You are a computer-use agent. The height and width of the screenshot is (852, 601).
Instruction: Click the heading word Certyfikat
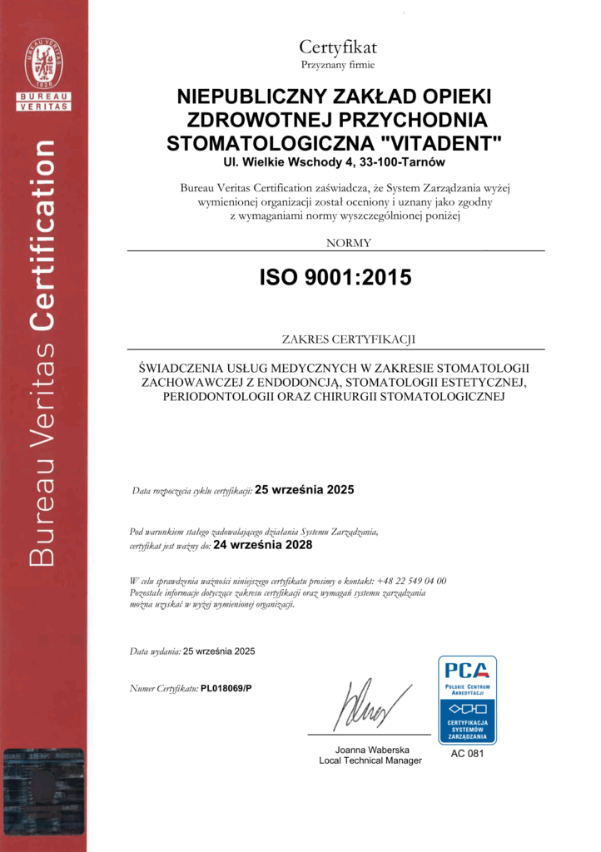338,47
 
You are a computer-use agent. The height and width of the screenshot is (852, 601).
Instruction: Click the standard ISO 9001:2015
335,278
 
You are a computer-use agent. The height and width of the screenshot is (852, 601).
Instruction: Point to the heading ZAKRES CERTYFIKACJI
336,339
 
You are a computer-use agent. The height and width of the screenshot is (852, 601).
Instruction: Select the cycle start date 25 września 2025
304,490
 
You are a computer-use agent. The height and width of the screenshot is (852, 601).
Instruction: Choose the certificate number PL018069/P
226,689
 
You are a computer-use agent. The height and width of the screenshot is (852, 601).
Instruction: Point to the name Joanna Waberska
370,749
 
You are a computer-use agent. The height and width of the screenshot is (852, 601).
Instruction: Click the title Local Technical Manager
370,760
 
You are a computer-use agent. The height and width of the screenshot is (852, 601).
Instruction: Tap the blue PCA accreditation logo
467,700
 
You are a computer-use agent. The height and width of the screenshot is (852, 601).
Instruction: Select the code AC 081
467,754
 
